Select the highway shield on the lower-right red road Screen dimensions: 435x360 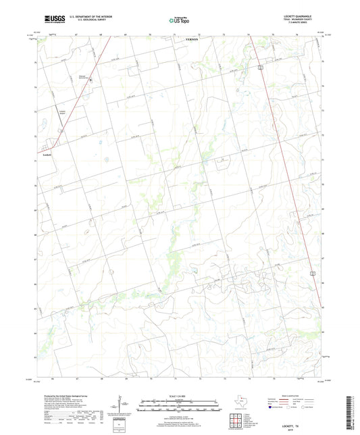point(312,272)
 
